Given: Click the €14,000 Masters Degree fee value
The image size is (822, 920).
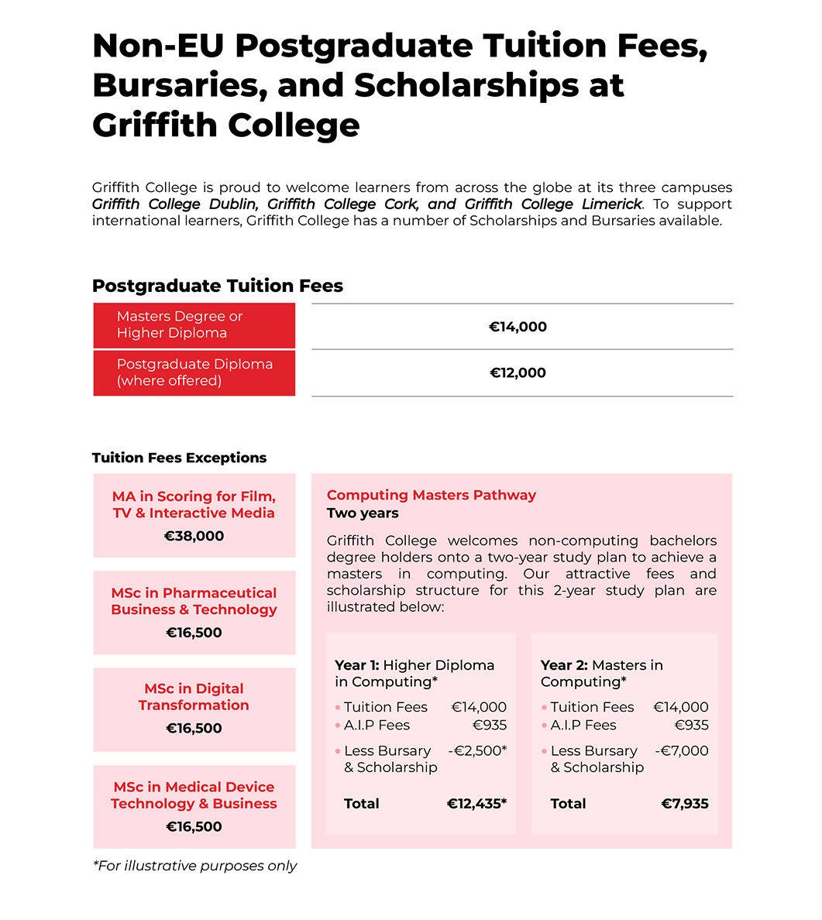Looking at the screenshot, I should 518,327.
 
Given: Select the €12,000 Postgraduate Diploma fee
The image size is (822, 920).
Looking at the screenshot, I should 518,372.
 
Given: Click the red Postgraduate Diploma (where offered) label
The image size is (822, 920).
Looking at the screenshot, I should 194,372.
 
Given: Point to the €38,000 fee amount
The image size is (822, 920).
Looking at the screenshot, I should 194,536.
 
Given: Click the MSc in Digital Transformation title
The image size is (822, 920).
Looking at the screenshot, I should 194,697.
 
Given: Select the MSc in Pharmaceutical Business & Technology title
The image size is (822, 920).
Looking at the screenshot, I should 194,601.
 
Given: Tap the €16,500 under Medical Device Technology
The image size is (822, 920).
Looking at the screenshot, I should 194,826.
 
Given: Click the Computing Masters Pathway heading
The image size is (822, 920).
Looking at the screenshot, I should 431,495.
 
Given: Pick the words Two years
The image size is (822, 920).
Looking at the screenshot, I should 363,513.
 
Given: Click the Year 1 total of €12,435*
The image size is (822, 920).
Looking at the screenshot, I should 476,804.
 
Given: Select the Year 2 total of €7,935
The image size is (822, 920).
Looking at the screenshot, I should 685,804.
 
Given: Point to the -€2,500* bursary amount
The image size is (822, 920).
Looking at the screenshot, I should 477,750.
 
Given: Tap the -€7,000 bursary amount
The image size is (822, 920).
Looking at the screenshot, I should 682,750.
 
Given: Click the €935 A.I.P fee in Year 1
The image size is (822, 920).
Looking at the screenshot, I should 490,725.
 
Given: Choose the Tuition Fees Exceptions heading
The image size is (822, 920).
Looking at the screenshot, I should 179,458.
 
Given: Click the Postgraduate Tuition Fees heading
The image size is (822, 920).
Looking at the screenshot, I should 217,286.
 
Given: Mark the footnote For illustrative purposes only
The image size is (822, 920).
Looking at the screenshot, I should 194,866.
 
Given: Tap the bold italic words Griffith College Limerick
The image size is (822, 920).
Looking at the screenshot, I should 553,204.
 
